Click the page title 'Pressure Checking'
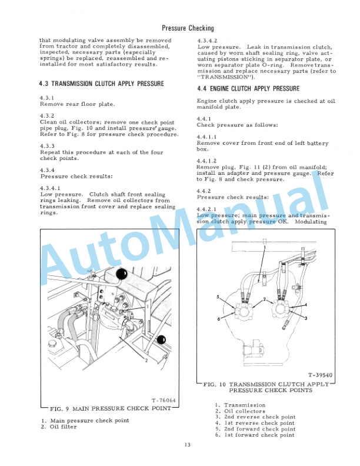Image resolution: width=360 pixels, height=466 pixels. coord(187,28)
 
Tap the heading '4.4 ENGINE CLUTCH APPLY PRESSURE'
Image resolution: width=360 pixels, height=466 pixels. coord(248,89)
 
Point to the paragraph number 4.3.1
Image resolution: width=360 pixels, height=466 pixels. coord(47,97)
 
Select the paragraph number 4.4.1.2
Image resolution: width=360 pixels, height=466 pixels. coord(206,161)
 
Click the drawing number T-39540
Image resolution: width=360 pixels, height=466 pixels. coord(319,374)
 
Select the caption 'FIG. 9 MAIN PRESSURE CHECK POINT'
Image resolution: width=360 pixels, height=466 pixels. coord(108,408)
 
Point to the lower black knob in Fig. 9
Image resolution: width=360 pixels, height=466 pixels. coord(161,339)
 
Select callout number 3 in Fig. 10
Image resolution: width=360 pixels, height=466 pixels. coord(307,318)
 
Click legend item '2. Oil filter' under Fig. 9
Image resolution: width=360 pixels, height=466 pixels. coord(59,427)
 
